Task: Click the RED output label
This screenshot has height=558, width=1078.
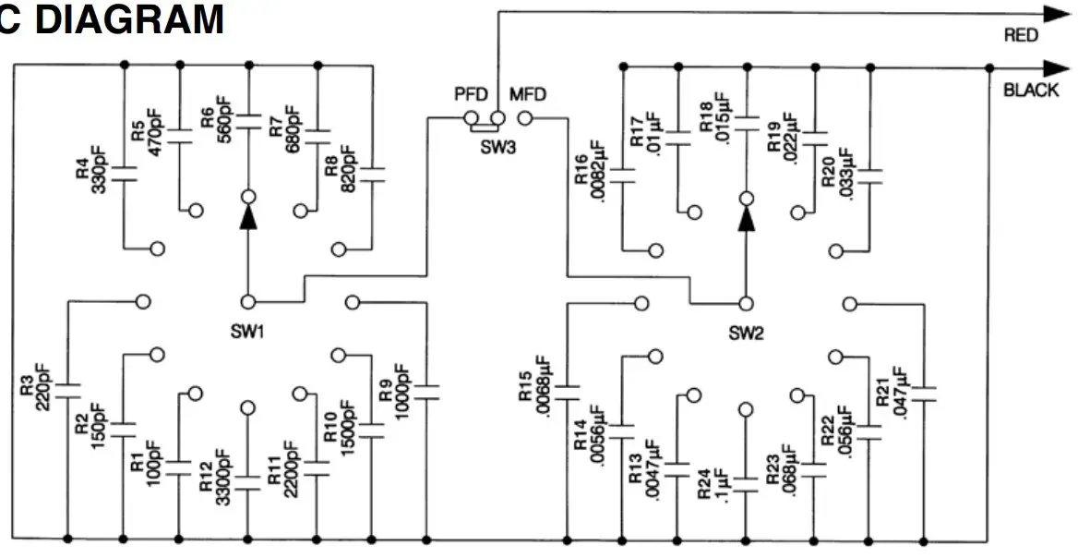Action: click(1021, 36)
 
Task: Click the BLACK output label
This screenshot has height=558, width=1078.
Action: click(1031, 91)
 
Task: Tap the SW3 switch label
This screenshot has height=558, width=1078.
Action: click(497, 147)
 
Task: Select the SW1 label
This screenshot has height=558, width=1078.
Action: click(248, 331)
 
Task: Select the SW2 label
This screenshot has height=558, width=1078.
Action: click(746, 331)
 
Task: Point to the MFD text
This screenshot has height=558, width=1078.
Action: click(527, 95)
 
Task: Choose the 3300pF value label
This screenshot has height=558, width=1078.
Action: click(222, 472)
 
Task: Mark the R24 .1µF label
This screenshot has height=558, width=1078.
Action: click(716, 481)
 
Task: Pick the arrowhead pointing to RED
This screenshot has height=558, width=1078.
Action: click(1055, 14)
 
